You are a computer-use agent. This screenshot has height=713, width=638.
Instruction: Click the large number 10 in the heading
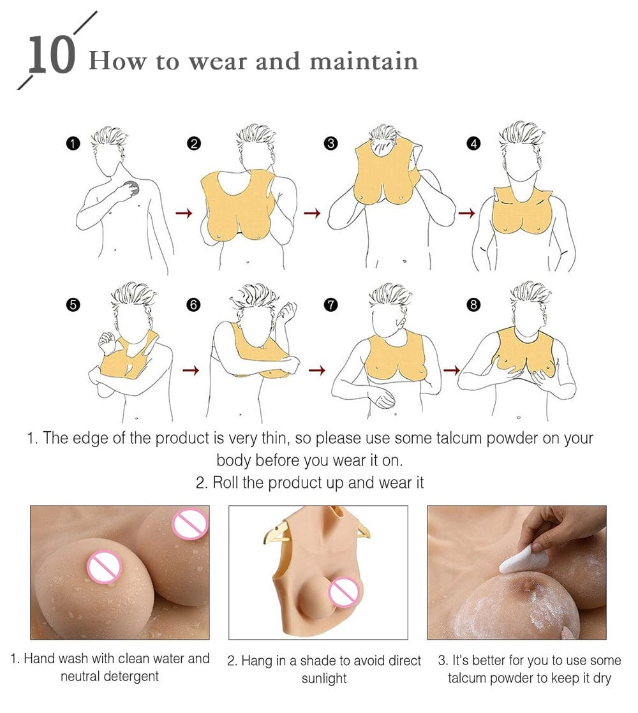[x=51, y=55]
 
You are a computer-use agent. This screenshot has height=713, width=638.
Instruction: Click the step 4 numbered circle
[x=473, y=143]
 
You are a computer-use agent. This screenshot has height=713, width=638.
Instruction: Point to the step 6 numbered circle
[x=193, y=305]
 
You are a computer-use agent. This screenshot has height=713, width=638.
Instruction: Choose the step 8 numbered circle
[x=473, y=305]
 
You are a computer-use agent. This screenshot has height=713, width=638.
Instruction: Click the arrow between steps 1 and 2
[x=184, y=213]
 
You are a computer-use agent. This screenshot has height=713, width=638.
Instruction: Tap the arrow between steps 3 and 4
[x=466, y=213]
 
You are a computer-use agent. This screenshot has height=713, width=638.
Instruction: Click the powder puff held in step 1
[x=132, y=188]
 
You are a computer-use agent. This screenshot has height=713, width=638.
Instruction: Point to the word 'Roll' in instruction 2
[x=225, y=482]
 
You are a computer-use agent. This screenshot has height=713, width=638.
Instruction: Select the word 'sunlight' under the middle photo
[x=324, y=678]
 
